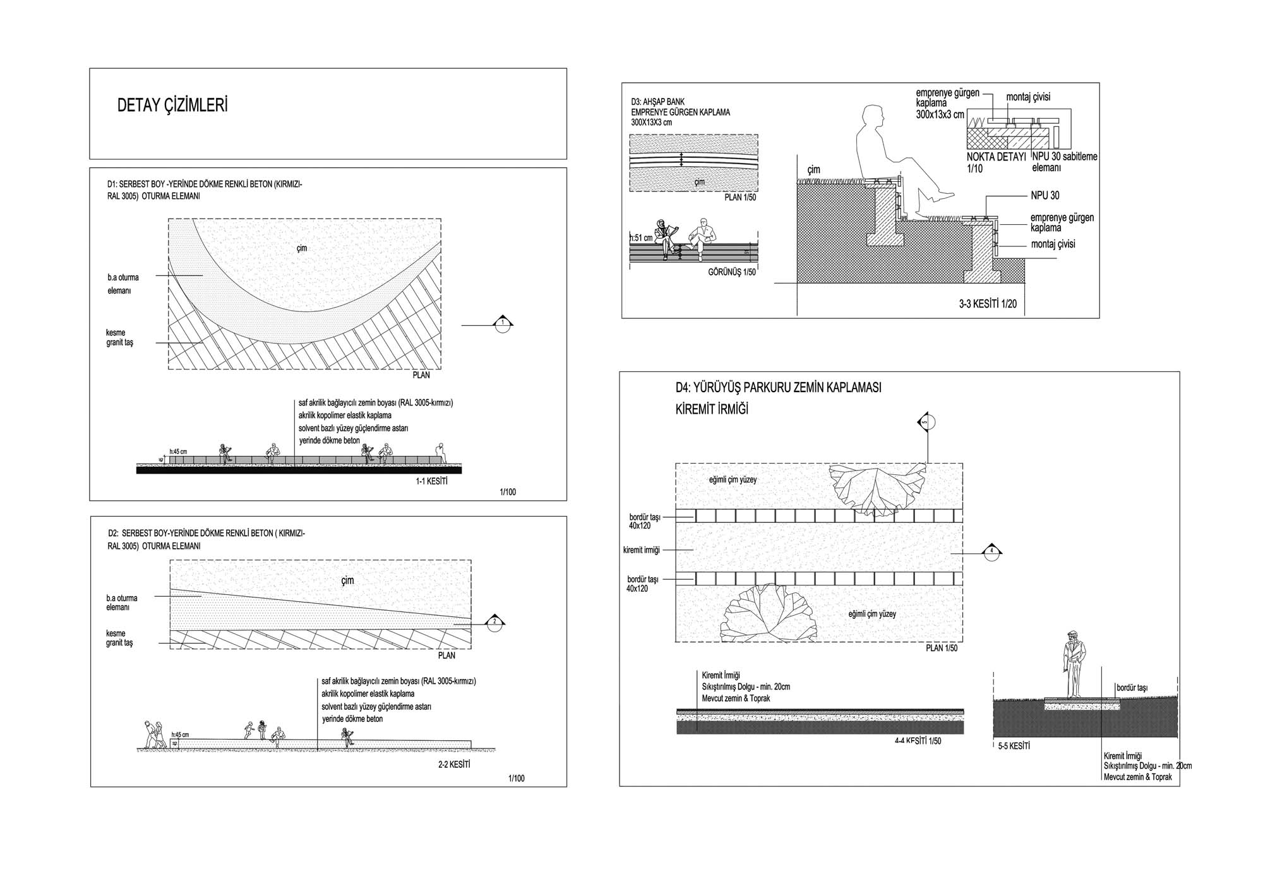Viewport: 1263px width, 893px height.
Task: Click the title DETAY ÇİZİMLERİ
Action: click(x=172, y=105)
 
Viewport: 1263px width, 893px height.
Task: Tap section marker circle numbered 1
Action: click(x=503, y=325)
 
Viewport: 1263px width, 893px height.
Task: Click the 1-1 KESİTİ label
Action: click(x=431, y=482)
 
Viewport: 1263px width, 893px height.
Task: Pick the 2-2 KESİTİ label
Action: click(x=454, y=764)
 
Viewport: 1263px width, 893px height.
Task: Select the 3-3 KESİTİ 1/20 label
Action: click(x=988, y=304)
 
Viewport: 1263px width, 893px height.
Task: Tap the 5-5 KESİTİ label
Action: click(x=1014, y=746)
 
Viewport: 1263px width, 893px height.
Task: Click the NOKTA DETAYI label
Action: click(x=996, y=157)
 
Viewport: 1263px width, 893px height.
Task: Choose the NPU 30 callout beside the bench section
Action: click(x=1045, y=196)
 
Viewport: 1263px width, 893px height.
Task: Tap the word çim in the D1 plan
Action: click(x=302, y=248)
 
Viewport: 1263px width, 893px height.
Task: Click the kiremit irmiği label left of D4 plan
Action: click(x=641, y=550)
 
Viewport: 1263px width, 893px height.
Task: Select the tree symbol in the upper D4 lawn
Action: click(x=878, y=489)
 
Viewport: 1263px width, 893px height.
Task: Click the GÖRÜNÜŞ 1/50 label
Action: click(x=731, y=272)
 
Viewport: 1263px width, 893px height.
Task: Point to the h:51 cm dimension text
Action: click(x=641, y=238)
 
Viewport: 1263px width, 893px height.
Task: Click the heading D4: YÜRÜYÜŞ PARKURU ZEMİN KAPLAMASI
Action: click(x=778, y=388)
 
